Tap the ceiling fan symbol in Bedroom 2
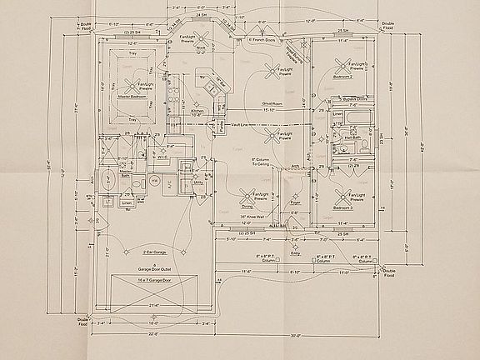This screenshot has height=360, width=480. coord(341,66)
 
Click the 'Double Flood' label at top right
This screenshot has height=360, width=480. coord(388,27)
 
